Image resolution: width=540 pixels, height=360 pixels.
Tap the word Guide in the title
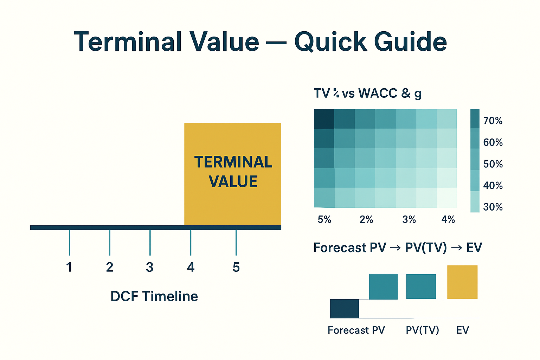pyautogui.click(x=410, y=42)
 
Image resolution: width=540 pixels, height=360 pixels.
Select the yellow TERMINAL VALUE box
pyautogui.click(x=233, y=174)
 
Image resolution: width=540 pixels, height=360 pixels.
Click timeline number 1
pyautogui.click(x=69, y=268)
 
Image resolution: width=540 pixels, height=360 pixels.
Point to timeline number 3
pyautogui.click(x=150, y=268)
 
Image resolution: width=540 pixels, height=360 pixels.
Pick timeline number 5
pyautogui.click(x=236, y=268)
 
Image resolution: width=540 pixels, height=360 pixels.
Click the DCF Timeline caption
pyautogui.click(x=154, y=296)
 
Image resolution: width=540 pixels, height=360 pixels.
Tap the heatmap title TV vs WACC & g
pyautogui.click(x=367, y=94)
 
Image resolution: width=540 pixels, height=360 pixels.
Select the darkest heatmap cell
pyautogui.click(x=324, y=119)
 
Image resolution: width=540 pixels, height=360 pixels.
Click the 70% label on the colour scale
pyautogui.click(x=493, y=121)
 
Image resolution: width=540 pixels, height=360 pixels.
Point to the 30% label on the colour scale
pyautogui.click(x=493, y=207)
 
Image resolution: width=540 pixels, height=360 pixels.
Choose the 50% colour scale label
pyautogui.click(x=493, y=164)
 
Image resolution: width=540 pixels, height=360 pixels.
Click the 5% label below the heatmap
pyautogui.click(x=324, y=220)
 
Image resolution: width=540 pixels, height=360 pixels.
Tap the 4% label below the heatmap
pyautogui.click(x=448, y=220)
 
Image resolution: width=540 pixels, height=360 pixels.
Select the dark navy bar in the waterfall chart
pyautogui.click(x=344, y=309)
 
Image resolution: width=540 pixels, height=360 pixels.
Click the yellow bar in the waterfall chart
pyautogui.click(x=462, y=282)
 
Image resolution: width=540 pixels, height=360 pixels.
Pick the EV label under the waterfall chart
pyautogui.click(x=463, y=330)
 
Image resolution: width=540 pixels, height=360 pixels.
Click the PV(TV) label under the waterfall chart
pyautogui.click(x=422, y=330)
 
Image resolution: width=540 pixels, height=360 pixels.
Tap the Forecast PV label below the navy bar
pyautogui.click(x=356, y=330)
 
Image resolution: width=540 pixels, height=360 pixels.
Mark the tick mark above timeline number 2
pyautogui.click(x=110, y=243)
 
